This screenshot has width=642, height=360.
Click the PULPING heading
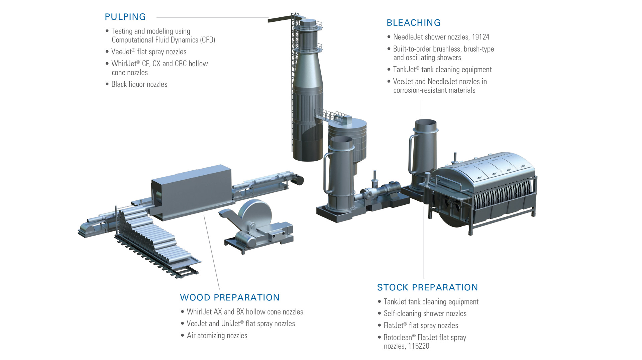[125, 17]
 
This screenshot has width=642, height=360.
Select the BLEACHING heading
[413, 23]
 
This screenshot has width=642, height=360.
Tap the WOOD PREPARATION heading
[229, 297]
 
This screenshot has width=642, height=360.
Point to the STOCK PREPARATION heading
[427, 287]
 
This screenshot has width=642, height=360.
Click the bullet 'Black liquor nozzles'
[139, 84]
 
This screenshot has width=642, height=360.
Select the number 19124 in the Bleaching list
[480, 37]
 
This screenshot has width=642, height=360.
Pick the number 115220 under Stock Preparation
[418, 346]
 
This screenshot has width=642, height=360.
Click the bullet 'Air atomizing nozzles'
[217, 336]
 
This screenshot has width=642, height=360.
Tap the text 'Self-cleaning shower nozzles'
[425, 313]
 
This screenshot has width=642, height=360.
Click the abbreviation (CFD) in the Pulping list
[208, 40]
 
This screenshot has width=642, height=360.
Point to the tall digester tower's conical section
[308, 70]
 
